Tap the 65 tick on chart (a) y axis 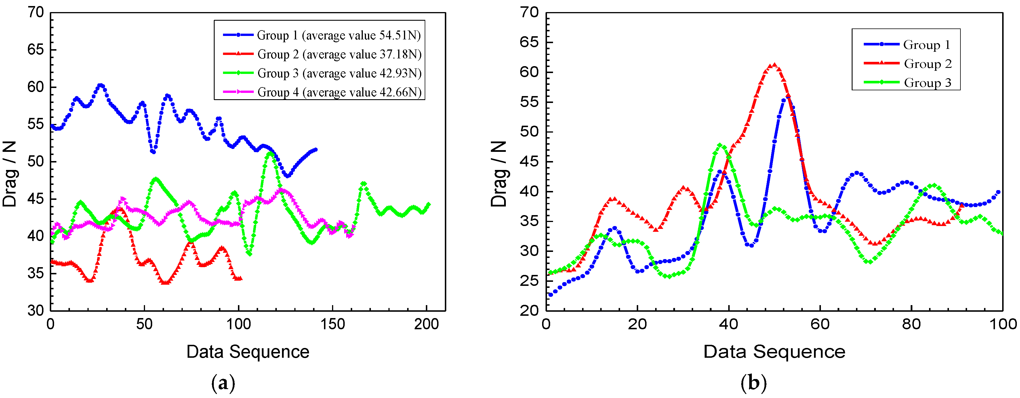[36, 50]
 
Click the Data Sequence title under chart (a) [248, 352]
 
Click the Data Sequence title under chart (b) [774, 352]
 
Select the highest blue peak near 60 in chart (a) [101, 85]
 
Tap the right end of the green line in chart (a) [428, 204]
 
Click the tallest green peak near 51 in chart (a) [270, 153]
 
